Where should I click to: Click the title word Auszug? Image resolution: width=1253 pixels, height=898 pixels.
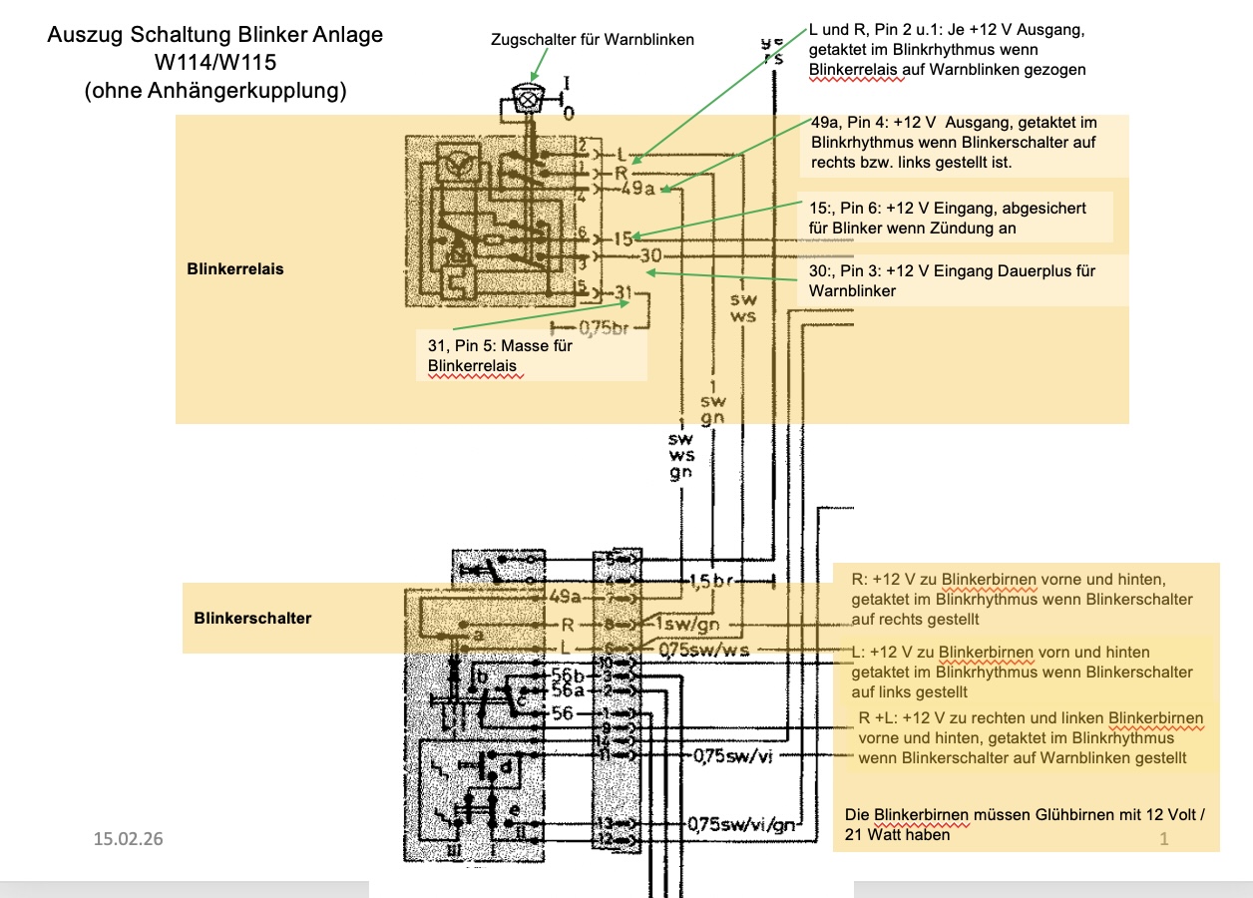[x=86, y=37]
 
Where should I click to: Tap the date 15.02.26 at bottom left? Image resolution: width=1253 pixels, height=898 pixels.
[x=128, y=838]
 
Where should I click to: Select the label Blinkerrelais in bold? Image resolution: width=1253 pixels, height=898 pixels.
[x=234, y=269]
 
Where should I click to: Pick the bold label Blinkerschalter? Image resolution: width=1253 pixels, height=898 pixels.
[x=252, y=619]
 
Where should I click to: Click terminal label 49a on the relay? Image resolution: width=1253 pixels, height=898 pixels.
[x=637, y=190]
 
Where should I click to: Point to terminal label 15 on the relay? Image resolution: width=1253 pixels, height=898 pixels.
[x=623, y=238]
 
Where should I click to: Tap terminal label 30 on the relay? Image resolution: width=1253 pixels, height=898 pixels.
[x=649, y=255]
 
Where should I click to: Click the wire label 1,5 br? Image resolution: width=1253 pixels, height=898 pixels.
[x=709, y=580]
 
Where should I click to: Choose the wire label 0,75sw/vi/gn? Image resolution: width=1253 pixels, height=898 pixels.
[x=742, y=825]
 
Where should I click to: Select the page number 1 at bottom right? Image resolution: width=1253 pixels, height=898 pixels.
[x=1163, y=840]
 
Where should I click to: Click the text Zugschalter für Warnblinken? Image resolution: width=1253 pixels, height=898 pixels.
[x=592, y=40]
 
